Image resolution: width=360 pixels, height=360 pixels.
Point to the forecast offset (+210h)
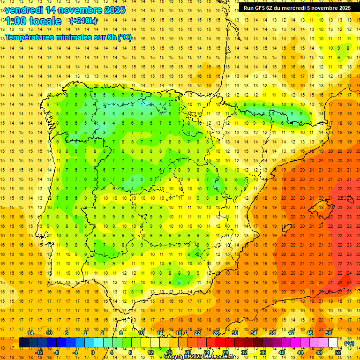point(83,21)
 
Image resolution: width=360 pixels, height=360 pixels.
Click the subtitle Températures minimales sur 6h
point(68,37)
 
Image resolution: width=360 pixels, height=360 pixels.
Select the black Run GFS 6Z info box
point(297,7)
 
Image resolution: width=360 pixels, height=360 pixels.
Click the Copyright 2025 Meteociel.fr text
point(199,357)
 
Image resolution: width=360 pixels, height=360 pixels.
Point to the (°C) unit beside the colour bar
point(349,343)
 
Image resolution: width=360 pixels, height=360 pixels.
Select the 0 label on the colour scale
point(93,352)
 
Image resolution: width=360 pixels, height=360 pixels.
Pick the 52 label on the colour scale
point(337,352)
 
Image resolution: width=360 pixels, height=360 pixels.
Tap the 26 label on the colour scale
point(216,333)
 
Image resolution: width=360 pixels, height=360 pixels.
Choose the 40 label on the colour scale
point(281,352)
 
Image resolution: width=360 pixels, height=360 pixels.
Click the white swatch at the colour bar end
point(333,343)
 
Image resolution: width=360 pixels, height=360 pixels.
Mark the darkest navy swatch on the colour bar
point(23,343)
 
